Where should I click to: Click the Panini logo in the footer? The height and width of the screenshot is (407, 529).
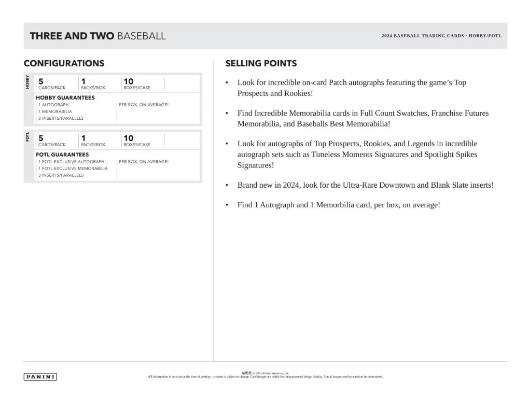[40, 377]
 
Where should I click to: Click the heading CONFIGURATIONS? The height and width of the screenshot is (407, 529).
[64, 63]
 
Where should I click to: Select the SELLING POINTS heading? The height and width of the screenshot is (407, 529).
[261, 63]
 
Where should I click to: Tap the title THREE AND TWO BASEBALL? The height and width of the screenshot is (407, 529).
[98, 36]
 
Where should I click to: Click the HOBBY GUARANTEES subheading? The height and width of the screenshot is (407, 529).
[65, 97]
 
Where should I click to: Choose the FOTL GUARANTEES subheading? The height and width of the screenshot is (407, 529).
[62, 155]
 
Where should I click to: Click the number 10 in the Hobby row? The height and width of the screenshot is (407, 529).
[128, 81]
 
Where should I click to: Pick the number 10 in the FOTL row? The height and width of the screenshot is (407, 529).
[128, 138]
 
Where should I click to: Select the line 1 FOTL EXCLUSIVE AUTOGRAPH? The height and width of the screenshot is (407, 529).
[71, 162]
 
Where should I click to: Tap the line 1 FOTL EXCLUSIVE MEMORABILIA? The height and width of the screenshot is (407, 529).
[73, 169]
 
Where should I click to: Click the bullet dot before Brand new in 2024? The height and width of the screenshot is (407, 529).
[227, 185]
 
